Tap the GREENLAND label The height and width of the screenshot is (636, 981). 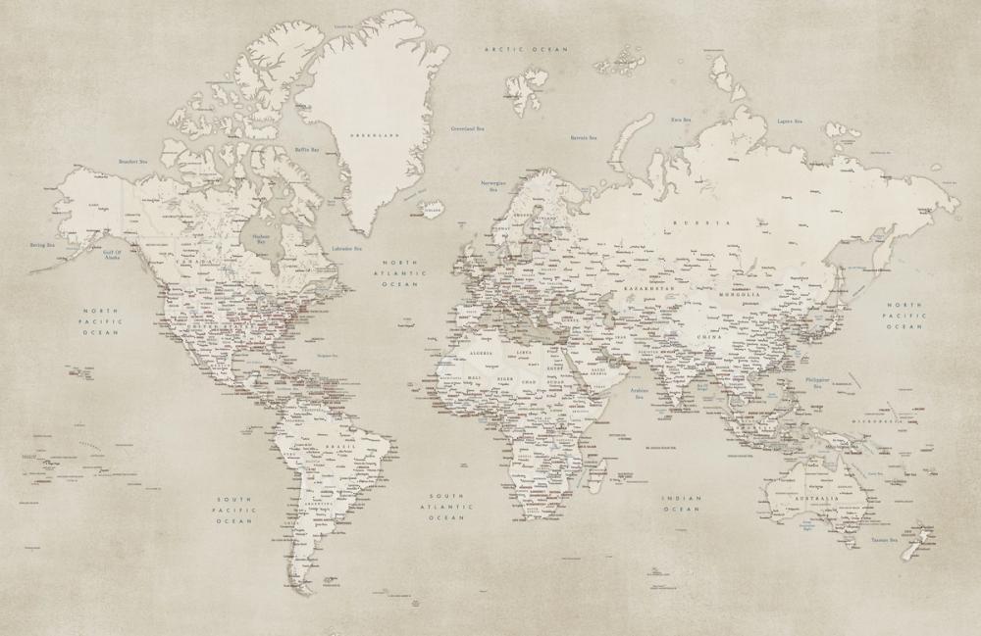coord(381,134)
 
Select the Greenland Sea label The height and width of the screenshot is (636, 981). coord(468,128)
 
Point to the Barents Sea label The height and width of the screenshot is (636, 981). coord(585,138)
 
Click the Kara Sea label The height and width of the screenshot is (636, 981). coord(682,120)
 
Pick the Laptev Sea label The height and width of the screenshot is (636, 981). coord(791,122)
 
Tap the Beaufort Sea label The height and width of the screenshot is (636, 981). coord(132,162)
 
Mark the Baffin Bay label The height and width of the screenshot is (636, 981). coord(308,150)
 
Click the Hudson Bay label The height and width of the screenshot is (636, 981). coord(260,238)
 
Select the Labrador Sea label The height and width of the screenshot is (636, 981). coord(347,249)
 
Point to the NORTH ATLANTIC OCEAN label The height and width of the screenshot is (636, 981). coord(400,273)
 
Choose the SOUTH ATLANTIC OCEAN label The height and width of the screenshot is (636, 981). coord(446,506)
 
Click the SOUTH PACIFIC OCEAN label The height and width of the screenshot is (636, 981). coord(235,510)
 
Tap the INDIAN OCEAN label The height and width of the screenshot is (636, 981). coord(682,504)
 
